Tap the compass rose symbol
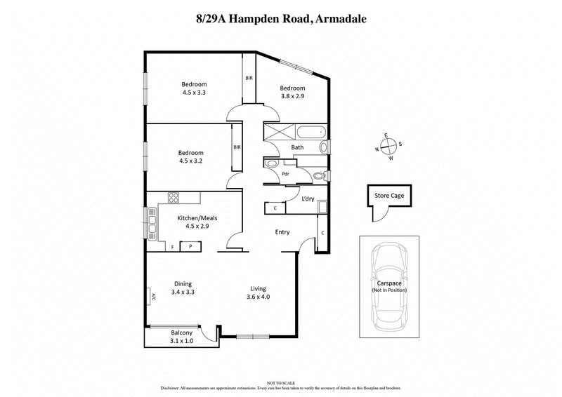388,147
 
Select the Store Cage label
388,196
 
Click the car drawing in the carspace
389,288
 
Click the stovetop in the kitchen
173,198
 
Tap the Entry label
282,232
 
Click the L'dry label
307,198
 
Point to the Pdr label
286,173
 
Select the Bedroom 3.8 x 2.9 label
292,92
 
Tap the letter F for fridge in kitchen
173,246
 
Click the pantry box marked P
190,245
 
